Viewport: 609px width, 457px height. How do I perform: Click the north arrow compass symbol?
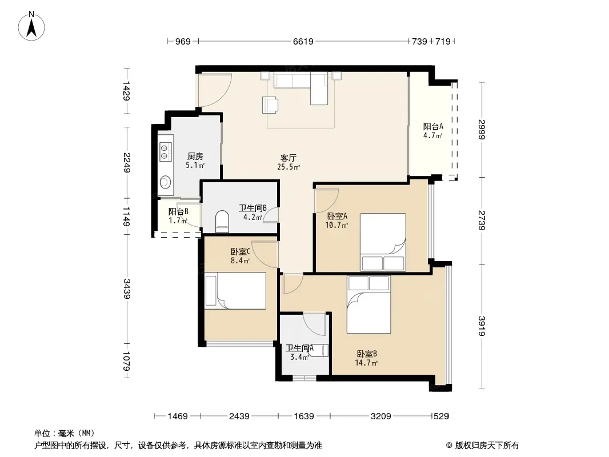tap(31, 26)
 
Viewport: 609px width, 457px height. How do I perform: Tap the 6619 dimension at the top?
tap(303, 41)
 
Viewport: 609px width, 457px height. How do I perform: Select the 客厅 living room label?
tap(288, 158)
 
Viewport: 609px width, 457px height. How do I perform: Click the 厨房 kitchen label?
tap(195, 156)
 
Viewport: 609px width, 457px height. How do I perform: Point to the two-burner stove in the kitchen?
tap(166, 152)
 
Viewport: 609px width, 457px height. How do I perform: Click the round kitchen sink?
tap(166, 182)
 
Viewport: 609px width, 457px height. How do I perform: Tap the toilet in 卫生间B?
tap(222, 222)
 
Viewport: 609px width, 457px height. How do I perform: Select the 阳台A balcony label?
tap(433, 127)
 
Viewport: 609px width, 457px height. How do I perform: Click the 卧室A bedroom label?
tap(336, 216)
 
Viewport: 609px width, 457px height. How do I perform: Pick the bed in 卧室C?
tap(235, 290)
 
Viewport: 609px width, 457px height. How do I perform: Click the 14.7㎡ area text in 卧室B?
tap(366, 363)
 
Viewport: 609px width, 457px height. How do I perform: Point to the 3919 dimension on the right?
tap(482, 326)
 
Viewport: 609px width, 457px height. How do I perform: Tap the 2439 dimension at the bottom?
tap(239, 416)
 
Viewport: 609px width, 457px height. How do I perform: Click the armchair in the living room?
tap(270, 105)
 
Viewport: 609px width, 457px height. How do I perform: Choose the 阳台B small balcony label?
tap(178, 211)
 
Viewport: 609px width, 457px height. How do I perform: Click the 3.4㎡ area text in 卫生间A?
tap(300, 357)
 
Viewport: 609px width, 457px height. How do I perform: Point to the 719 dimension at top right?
tap(443, 41)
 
